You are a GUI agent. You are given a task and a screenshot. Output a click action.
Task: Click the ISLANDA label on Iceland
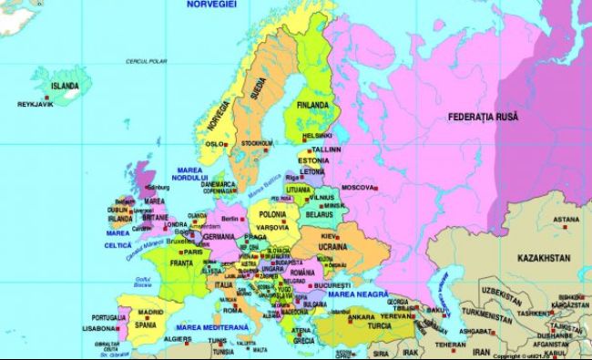pos(65,86)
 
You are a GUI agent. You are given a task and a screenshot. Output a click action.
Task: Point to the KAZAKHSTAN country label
pos(544,258)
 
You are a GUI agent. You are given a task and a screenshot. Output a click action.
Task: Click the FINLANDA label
pos(311,106)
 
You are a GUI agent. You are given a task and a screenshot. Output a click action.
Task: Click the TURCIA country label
pos(373,325)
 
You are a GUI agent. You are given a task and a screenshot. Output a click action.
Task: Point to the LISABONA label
pos(99,329)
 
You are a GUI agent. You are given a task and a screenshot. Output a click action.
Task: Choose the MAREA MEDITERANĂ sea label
pos(213,325)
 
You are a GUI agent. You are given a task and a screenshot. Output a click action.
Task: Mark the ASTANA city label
pos(566,220)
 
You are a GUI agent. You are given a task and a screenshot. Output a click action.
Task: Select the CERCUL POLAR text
pos(149,61)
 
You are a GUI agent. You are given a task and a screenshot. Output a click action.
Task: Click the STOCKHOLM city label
pos(257,143)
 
